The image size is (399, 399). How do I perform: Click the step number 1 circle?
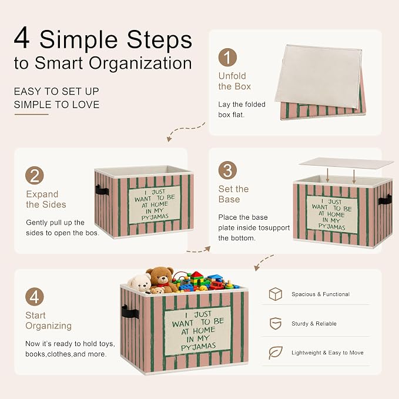(227, 57)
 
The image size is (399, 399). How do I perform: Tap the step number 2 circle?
(34, 176)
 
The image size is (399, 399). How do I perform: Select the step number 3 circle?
(227, 170)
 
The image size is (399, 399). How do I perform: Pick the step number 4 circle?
(34, 297)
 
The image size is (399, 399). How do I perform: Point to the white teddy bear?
(140, 283)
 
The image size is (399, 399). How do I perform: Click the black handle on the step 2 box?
(102, 190)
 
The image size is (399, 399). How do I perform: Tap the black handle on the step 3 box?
(385, 200)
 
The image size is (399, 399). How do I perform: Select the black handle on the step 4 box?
(130, 311)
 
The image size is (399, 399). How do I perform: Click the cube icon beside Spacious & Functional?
(276, 294)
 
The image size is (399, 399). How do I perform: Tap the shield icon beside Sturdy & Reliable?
(276, 323)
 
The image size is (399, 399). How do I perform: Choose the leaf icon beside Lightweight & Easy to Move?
(276, 353)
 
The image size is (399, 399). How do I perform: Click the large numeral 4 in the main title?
(22, 38)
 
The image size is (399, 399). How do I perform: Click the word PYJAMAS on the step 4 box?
(199, 347)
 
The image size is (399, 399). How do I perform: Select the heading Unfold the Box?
(234, 81)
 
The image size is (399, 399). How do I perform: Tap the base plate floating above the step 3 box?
(346, 163)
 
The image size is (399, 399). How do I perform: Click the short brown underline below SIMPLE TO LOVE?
(31, 115)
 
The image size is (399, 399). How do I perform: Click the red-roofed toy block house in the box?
(197, 277)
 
